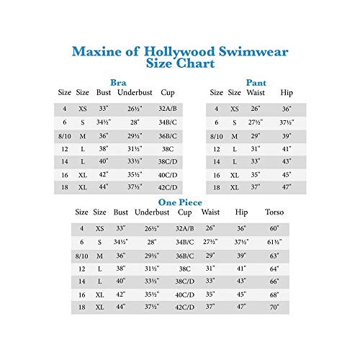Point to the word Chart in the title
[x=196, y=64]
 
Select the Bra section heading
[x=120, y=82]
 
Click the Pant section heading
[x=256, y=82]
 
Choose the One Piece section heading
[x=180, y=202]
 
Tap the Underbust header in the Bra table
[x=133, y=92]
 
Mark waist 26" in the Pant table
[x=256, y=109]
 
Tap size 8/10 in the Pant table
[x=216, y=135]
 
